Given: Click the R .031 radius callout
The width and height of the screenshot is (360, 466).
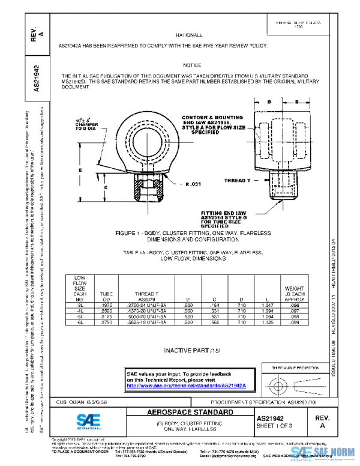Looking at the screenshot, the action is pyautogui.click(x=196, y=183).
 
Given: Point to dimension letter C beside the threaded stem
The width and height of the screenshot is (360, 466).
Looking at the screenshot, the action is pyautogui.click(x=106, y=188).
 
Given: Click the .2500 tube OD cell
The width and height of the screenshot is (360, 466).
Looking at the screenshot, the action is pyautogui.click(x=106, y=311).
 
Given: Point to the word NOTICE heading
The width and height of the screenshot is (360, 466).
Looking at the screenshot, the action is pyautogui.click(x=193, y=64).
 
